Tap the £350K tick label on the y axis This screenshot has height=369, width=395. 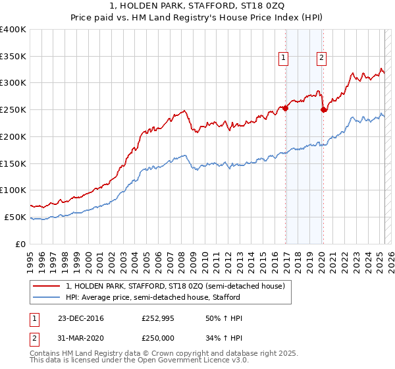(x=13, y=57)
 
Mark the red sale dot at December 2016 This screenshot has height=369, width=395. (x=286, y=109)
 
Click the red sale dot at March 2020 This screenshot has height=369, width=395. (x=323, y=110)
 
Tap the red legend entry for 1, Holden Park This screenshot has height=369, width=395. (x=175, y=286)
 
